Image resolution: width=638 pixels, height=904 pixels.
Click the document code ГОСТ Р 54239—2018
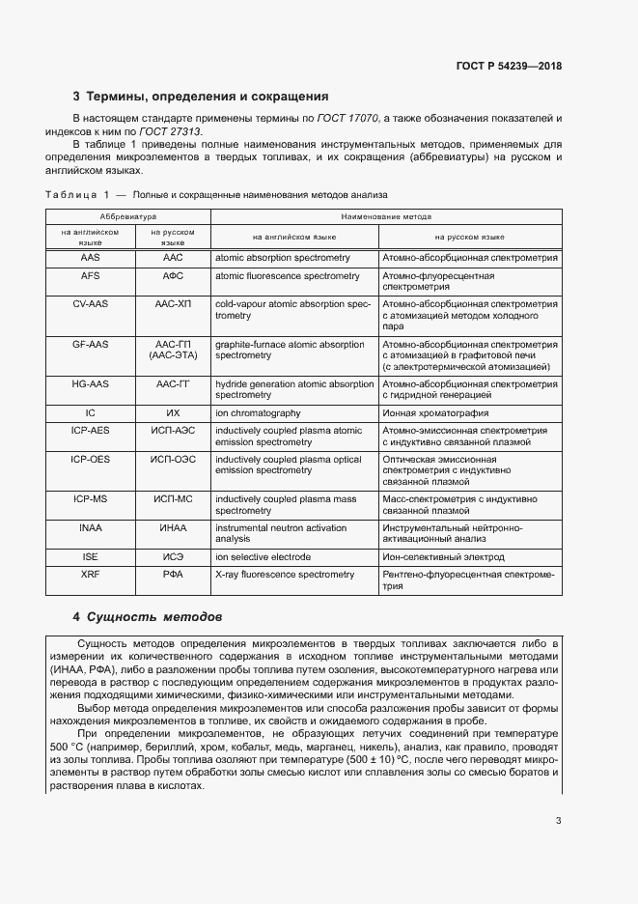point(509,67)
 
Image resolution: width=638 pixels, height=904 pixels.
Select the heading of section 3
point(201,97)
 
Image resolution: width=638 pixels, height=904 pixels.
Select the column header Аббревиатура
point(128,217)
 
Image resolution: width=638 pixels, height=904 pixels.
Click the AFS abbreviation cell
point(90,276)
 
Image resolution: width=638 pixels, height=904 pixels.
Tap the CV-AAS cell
point(90,303)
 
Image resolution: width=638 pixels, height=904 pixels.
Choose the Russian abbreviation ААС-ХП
point(173,303)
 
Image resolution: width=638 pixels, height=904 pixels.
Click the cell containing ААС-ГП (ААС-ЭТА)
point(173,350)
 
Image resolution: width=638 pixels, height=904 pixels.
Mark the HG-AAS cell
point(90,384)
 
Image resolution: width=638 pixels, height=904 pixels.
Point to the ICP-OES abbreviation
point(90,460)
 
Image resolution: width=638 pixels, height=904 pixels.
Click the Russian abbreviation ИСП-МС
point(173,499)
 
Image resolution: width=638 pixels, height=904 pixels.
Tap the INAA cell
point(90,528)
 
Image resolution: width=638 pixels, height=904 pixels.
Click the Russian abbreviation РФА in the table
point(173,575)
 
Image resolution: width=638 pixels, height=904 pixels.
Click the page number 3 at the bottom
point(558,821)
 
